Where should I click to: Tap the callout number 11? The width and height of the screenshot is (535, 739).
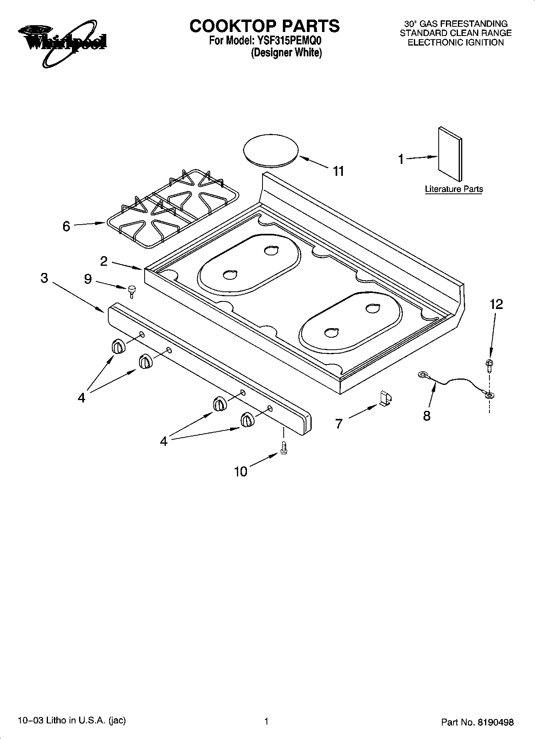(338, 171)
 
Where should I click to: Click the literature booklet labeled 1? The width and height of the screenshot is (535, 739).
(450, 154)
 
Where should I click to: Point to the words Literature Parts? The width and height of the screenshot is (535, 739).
(453, 189)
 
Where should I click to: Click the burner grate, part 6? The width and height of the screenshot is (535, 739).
(173, 208)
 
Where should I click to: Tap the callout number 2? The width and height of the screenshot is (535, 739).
(104, 261)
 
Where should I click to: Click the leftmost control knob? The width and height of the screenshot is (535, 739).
(118, 346)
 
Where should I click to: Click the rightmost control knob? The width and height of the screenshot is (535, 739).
(247, 420)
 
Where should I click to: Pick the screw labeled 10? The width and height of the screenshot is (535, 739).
(284, 447)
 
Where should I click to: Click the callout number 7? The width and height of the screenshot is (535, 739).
(339, 423)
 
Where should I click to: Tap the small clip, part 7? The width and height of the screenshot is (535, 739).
(385, 399)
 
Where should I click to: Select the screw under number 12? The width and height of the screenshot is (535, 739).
(488, 365)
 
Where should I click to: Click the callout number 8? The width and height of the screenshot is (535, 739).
(427, 416)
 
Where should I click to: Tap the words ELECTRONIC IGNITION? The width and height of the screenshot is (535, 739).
(455, 43)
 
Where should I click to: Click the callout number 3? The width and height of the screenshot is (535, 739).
(44, 278)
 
